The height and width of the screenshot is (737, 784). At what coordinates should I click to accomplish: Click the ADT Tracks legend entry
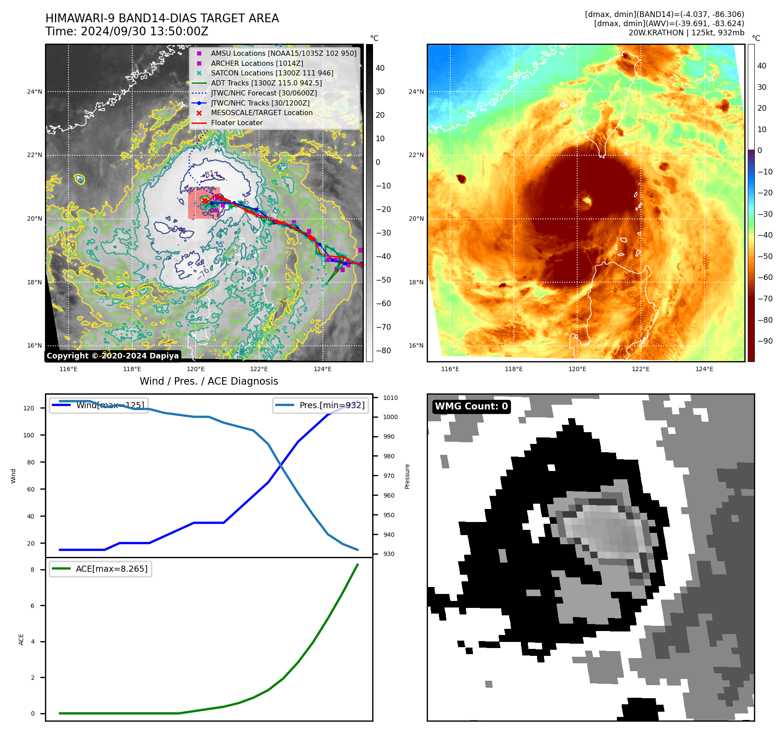266,83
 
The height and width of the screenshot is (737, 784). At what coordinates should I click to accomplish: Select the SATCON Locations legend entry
272,73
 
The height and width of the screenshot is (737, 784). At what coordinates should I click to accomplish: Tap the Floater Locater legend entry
236,123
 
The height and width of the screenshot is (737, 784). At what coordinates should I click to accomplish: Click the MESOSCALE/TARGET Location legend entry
261,113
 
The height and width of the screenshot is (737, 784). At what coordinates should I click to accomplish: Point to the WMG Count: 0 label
471,406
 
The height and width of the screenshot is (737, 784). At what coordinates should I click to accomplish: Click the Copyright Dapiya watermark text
113,356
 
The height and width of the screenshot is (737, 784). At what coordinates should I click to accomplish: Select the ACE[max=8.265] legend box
101,569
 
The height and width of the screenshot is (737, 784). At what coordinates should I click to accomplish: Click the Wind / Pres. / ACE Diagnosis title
209,381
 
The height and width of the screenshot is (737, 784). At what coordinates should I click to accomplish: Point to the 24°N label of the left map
34,92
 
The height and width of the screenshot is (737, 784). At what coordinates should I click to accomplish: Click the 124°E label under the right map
704,369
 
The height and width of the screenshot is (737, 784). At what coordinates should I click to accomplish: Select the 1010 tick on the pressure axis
390,398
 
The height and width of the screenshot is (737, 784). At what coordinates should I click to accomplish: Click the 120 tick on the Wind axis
29,408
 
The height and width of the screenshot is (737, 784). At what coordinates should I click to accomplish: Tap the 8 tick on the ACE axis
32,570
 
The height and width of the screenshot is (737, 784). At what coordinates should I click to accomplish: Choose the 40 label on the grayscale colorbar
380,68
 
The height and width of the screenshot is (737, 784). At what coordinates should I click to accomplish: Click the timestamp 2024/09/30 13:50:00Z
144,31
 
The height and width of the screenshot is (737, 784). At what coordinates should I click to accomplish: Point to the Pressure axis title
407,476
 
